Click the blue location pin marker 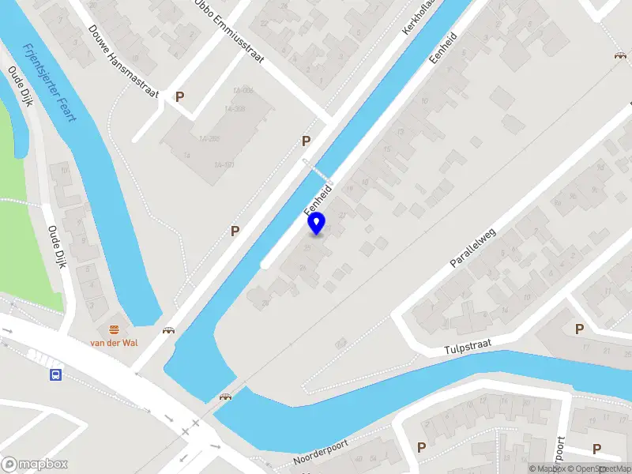[316, 223]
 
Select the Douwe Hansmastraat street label [125, 66]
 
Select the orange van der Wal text [114, 342]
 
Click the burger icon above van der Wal [114, 328]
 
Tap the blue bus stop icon [56, 374]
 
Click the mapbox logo [33, 465]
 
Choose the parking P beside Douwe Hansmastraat [180, 96]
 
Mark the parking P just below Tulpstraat [580, 329]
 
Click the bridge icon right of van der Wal [168, 330]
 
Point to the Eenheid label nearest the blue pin [318, 201]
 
